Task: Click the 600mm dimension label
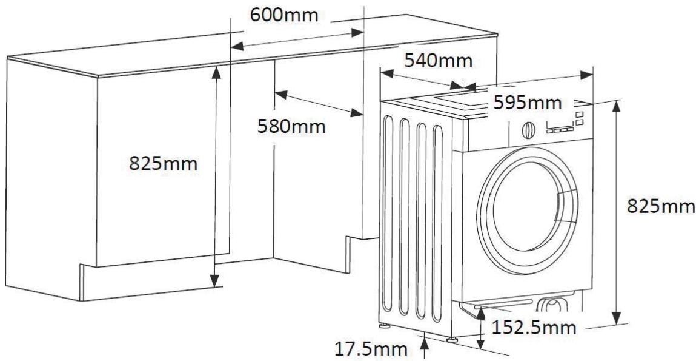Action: coord(284,14)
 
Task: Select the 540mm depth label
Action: coord(439,61)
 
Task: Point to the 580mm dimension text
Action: coord(291,127)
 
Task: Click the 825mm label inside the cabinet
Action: coord(163,163)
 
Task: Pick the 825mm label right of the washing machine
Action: coord(660,207)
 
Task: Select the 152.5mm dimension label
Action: coord(532,328)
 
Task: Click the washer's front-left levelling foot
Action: coord(452,338)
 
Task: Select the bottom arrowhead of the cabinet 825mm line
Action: coord(214,281)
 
